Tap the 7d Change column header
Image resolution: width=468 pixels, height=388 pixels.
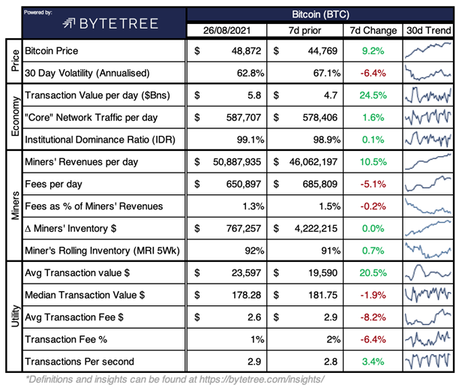point(373,32)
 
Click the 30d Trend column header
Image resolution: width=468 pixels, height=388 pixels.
point(427,32)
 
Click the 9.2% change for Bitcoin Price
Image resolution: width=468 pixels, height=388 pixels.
point(373,53)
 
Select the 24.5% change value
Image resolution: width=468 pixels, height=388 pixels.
point(373,96)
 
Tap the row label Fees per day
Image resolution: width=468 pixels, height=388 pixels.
point(54,184)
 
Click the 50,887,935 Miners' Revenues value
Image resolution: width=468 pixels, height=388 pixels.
point(233,162)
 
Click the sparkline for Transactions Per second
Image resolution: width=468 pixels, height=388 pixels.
point(427,361)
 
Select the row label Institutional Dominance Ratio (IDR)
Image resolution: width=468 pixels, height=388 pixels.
point(100,140)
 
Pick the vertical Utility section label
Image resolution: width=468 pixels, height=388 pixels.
point(13,316)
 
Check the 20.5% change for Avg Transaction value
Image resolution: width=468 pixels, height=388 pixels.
point(373,272)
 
